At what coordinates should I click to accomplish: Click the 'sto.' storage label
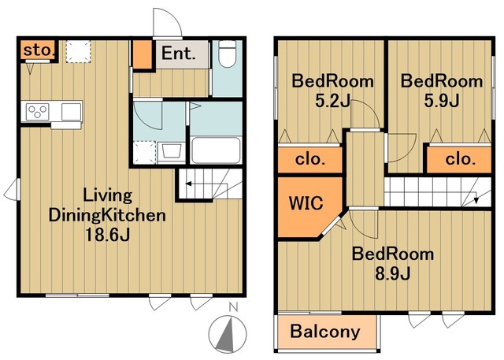click(38, 50)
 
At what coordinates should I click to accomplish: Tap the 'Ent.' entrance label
click(179, 54)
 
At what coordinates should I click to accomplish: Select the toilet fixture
click(228, 54)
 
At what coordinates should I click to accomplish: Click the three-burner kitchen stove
click(38, 112)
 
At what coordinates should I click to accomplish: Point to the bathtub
click(216, 150)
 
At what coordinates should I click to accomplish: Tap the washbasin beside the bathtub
click(172, 151)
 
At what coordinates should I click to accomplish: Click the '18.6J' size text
click(107, 235)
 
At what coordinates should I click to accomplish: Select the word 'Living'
click(108, 195)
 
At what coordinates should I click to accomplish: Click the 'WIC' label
click(306, 203)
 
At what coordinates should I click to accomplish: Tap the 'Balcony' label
click(325, 332)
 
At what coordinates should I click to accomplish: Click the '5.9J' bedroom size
click(442, 101)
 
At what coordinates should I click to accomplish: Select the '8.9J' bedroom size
click(392, 274)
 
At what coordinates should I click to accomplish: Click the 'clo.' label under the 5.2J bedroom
click(310, 159)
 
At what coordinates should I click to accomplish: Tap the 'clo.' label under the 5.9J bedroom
click(460, 159)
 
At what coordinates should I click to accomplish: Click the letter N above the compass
click(233, 307)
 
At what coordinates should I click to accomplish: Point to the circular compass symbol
click(228, 334)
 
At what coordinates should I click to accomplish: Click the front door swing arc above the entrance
click(175, 17)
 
